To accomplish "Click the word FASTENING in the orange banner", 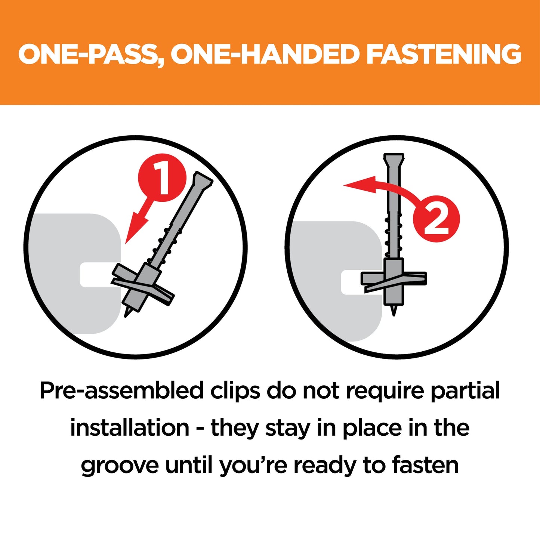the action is coord(444,55).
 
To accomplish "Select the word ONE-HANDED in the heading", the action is coord(265,55).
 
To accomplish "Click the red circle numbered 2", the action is coord(436,219).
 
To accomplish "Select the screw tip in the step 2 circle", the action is coord(394,311).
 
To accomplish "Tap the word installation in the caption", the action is coord(130,428).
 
